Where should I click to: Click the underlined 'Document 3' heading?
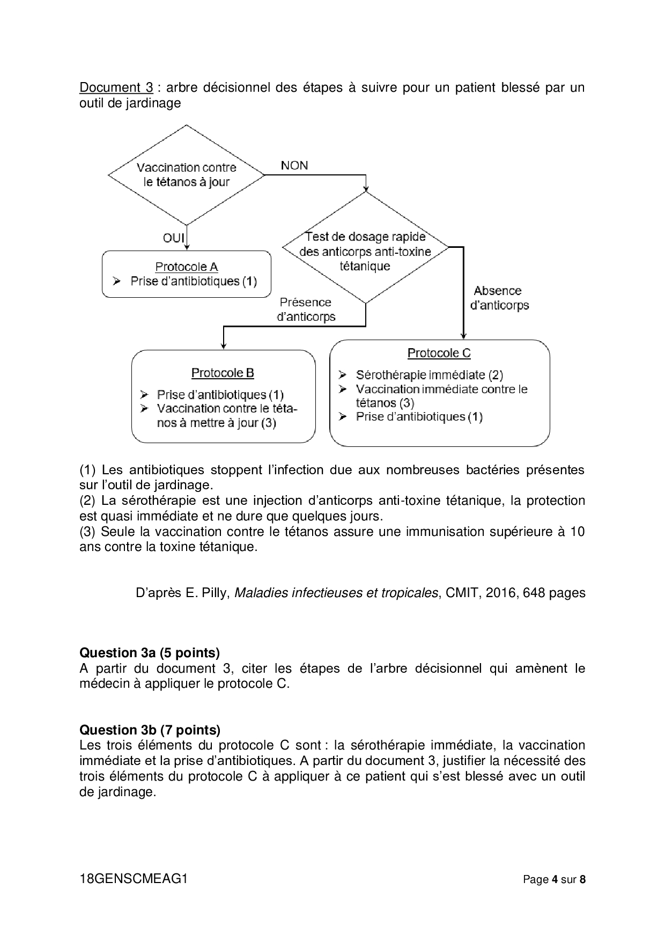click(x=116, y=87)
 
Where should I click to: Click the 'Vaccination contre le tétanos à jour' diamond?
click(x=186, y=175)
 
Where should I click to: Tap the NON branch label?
click(x=294, y=165)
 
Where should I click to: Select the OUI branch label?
click(x=173, y=237)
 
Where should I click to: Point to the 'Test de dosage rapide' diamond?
click(x=365, y=251)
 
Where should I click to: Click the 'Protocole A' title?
click(x=186, y=267)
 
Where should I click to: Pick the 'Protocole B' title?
click(x=223, y=373)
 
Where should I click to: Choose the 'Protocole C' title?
click(x=439, y=353)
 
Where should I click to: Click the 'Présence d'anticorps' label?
click(x=306, y=310)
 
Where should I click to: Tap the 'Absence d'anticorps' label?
click(x=499, y=298)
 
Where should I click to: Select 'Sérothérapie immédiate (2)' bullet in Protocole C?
click(x=429, y=375)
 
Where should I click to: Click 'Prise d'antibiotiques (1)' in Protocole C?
click(x=419, y=417)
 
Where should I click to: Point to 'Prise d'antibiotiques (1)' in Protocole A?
click(x=193, y=281)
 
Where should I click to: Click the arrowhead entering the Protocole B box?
click(x=223, y=346)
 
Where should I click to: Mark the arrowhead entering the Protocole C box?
click(x=463, y=336)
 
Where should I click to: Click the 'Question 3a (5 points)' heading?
click(x=149, y=653)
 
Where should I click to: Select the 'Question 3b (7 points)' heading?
click(x=150, y=730)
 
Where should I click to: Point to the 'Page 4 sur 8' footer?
click(x=554, y=880)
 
